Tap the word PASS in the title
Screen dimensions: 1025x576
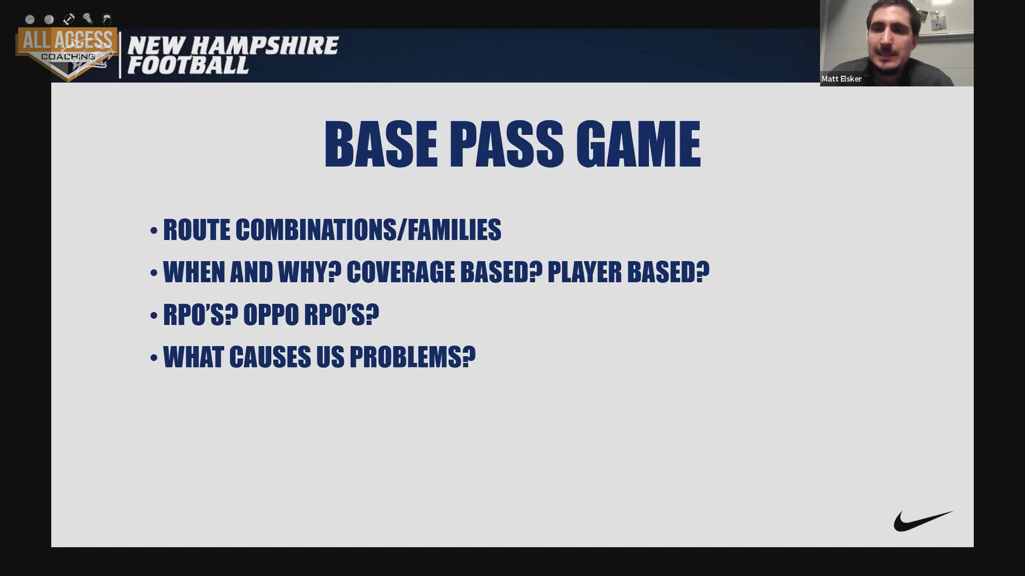506,144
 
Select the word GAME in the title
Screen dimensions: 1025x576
638,144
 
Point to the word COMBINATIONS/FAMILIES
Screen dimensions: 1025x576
368,230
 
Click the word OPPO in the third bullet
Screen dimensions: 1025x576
271,315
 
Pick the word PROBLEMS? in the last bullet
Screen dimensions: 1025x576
413,357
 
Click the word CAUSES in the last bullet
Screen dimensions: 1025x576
270,357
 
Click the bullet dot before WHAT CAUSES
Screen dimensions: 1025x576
154,357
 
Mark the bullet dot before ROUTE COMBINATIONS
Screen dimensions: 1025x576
154,230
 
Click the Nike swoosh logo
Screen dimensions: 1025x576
922,521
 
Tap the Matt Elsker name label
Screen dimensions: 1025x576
841,79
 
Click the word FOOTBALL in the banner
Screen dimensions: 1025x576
188,66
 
